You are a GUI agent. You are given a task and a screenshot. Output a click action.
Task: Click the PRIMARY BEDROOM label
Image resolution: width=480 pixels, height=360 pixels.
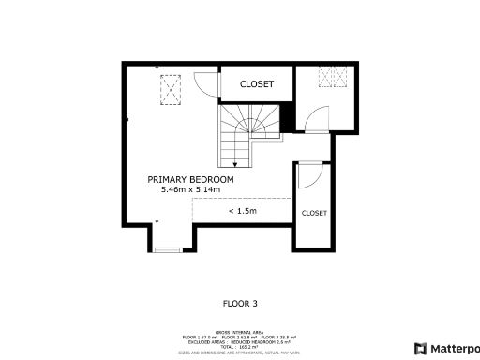pyautogui.click(x=190, y=179)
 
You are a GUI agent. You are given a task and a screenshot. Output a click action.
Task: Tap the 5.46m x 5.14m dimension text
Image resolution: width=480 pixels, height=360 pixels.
pyautogui.click(x=190, y=190)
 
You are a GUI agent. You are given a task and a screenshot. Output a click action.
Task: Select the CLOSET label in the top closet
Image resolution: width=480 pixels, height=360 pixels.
pyautogui.click(x=257, y=84)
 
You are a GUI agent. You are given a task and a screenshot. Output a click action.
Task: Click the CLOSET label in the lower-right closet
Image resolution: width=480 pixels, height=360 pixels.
pyautogui.click(x=314, y=213)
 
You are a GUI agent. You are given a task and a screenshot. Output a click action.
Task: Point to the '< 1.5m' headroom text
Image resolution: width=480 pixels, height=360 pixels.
pyautogui.click(x=242, y=211)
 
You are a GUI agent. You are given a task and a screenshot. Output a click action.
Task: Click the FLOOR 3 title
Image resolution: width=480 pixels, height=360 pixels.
pyautogui.click(x=239, y=304)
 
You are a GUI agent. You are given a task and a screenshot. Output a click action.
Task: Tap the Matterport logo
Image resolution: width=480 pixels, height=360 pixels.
pyautogui.click(x=447, y=348)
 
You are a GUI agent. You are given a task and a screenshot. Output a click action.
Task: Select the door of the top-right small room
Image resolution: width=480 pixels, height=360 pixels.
pyautogui.click(x=317, y=117)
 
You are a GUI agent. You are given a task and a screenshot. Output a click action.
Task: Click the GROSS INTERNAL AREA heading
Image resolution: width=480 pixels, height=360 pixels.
pyautogui.click(x=239, y=332)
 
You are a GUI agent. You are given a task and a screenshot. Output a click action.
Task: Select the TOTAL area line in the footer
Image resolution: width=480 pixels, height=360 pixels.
pyautogui.click(x=239, y=346)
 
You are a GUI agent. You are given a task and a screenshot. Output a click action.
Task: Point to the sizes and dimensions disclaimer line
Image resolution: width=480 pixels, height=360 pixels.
pyautogui.click(x=239, y=352)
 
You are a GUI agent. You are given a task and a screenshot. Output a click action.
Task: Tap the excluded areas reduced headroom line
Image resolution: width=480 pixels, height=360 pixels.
pyautogui.click(x=239, y=341)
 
